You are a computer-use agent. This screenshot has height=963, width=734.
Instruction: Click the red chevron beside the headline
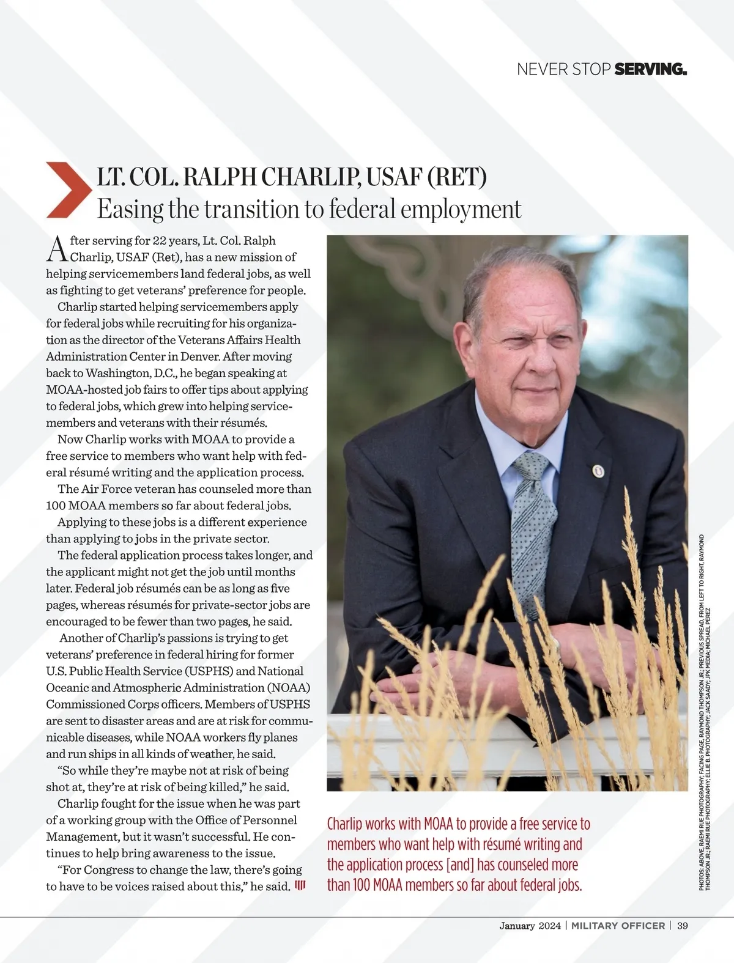[66, 190]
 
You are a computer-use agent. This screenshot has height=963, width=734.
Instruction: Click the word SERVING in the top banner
[650, 69]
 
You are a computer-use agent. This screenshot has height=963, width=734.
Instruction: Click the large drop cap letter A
[57, 248]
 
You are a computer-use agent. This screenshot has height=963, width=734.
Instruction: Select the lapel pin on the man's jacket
[598, 471]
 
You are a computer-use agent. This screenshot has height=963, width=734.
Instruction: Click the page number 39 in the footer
[682, 926]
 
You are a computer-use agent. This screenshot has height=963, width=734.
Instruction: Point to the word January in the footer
[517, 926]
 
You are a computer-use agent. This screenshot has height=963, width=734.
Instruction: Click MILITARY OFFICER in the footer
[618, 926]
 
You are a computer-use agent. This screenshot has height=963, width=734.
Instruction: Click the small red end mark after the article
[300, 885]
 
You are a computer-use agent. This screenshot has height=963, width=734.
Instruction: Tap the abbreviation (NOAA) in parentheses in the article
[288, 688]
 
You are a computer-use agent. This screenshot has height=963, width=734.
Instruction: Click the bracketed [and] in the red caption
[461, 865]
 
